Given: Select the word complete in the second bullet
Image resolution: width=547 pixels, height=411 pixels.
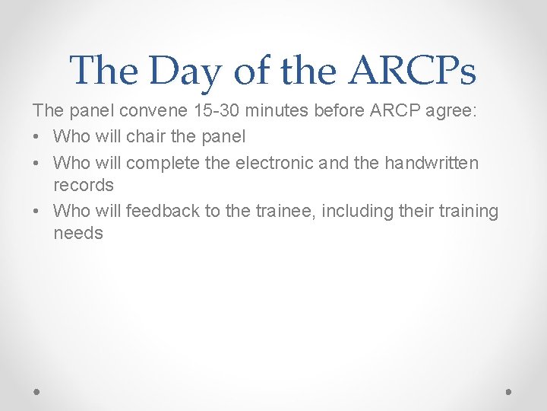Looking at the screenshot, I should (161, 163).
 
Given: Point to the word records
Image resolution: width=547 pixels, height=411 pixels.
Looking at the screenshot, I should (84, 185).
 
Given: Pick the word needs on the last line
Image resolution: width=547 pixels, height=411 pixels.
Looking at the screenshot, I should (78, 233).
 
